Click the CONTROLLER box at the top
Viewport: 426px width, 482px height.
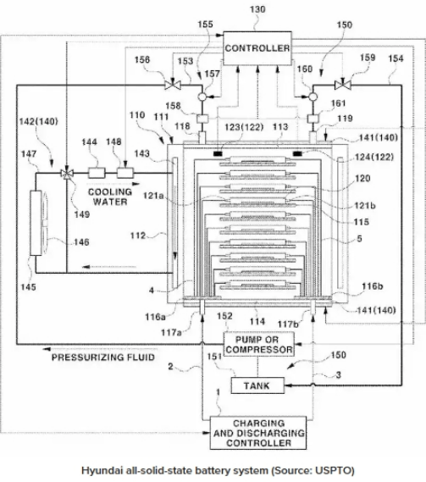pyautogui.click(x=257, y=48)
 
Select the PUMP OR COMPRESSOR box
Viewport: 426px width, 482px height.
pyautogui.click(x=259, y=345)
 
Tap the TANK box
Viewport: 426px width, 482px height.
pyautogui.click(x=257, y=385)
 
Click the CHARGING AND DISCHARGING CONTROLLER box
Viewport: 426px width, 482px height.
pyautogui.click(x=258, y=433)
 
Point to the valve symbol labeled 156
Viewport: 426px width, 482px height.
pyautogui.click(x=173, y=85)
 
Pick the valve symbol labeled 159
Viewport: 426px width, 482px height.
pyautogui.click(x=343, y=85)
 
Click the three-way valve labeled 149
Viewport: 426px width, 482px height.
pyautogui.click(x=67, y=174)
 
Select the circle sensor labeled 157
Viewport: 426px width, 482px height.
pyautogui.click(x=202, y=97)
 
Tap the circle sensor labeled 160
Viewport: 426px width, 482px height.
pyautogui.click(x=313, y=97)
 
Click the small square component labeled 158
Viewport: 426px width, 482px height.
pyautogui.click(x=202, y=119)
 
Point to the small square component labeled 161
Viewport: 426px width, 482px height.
pyautogui.click(x=313, y=119)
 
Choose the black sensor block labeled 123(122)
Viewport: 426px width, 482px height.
pyautogui.click(x=219, y=153)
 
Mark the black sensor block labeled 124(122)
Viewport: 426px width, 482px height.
pyautogui.click(x=297, y=153)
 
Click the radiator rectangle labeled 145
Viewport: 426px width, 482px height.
pyautogui.click(x=36, y=223)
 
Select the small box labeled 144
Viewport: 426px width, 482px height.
pyautogui.click(x=97, y=173)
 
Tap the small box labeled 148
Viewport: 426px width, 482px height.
pyautogui.click(x=125, y=173)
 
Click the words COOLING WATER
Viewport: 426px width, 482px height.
pyautogui.click(x=110, y=197)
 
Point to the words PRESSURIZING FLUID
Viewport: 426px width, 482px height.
pyautogui.click(x=103, y=357)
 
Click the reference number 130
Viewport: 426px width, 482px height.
pyautogui.click(x=257, y=9)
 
